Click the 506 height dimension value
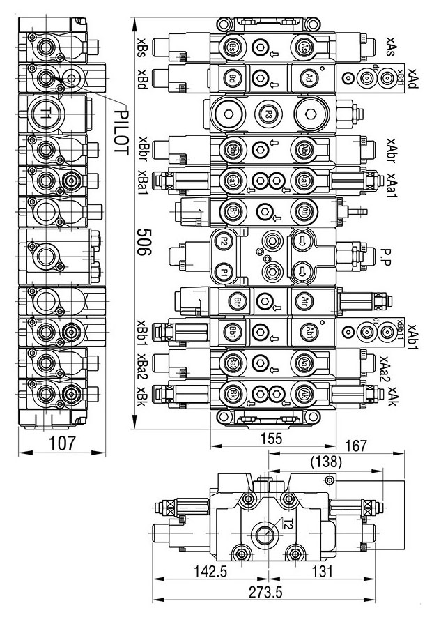144,242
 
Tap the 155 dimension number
265,439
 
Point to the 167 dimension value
356,446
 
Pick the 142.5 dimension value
210,571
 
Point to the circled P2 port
224,241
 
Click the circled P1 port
224,271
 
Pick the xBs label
141,46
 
